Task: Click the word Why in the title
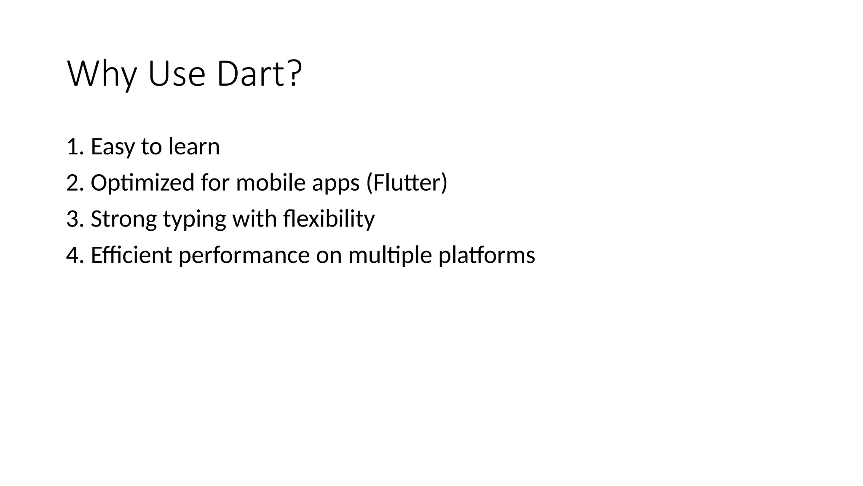102,74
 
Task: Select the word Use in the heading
177,74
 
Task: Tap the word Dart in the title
251,74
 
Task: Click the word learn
194,147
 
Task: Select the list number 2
72,183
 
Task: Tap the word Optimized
142,183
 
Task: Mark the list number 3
72,219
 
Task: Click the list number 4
72,256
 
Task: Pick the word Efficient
131,256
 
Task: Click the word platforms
487,256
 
